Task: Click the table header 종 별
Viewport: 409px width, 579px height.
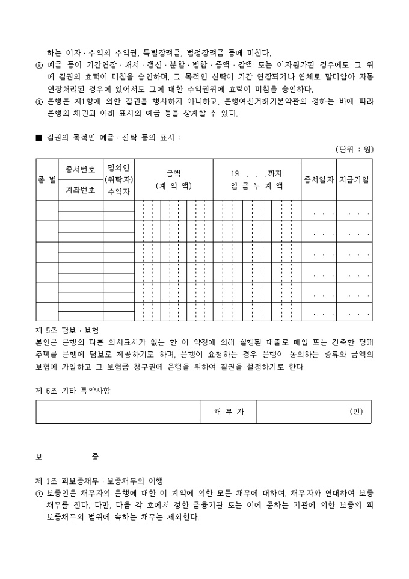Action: pyautogui.click(x=47, y=180)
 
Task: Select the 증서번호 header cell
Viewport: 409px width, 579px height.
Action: pyautogui.click(x=80, y=170)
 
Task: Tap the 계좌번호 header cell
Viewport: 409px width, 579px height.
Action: pyautogui.click(x=80, y=190)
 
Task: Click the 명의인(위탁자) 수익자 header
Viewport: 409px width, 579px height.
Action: pyautogui.click(x=119, y=180)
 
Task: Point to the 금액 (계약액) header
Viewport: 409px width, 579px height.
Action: pyautogui.click(x=173, y=180)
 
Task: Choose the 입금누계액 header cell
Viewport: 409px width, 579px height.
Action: pyautogui.click(x=257, y=180)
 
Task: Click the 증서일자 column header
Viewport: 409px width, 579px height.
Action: pyautogui.click(x=319, y=180)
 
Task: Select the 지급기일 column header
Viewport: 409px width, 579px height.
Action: pyautogui.click(x=354, y=180)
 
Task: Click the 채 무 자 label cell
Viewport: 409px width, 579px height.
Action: pyautogui.click(x=229, y=412)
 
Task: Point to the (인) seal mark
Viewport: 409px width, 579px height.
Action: pyautogui.click(x=356, y=412)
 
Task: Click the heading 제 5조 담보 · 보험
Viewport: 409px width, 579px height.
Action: pyautogui.click(x=67, y=330)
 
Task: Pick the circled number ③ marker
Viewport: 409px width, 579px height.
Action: pyautogui.click(x=40, y=64)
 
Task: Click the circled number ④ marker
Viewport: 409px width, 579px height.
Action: pyautogui.click(x=40, y=101)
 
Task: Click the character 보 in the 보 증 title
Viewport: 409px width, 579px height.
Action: pyautogui.click(x=39, y=457)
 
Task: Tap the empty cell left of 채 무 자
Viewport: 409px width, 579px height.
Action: pyautogui.click(x=118, y=412)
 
